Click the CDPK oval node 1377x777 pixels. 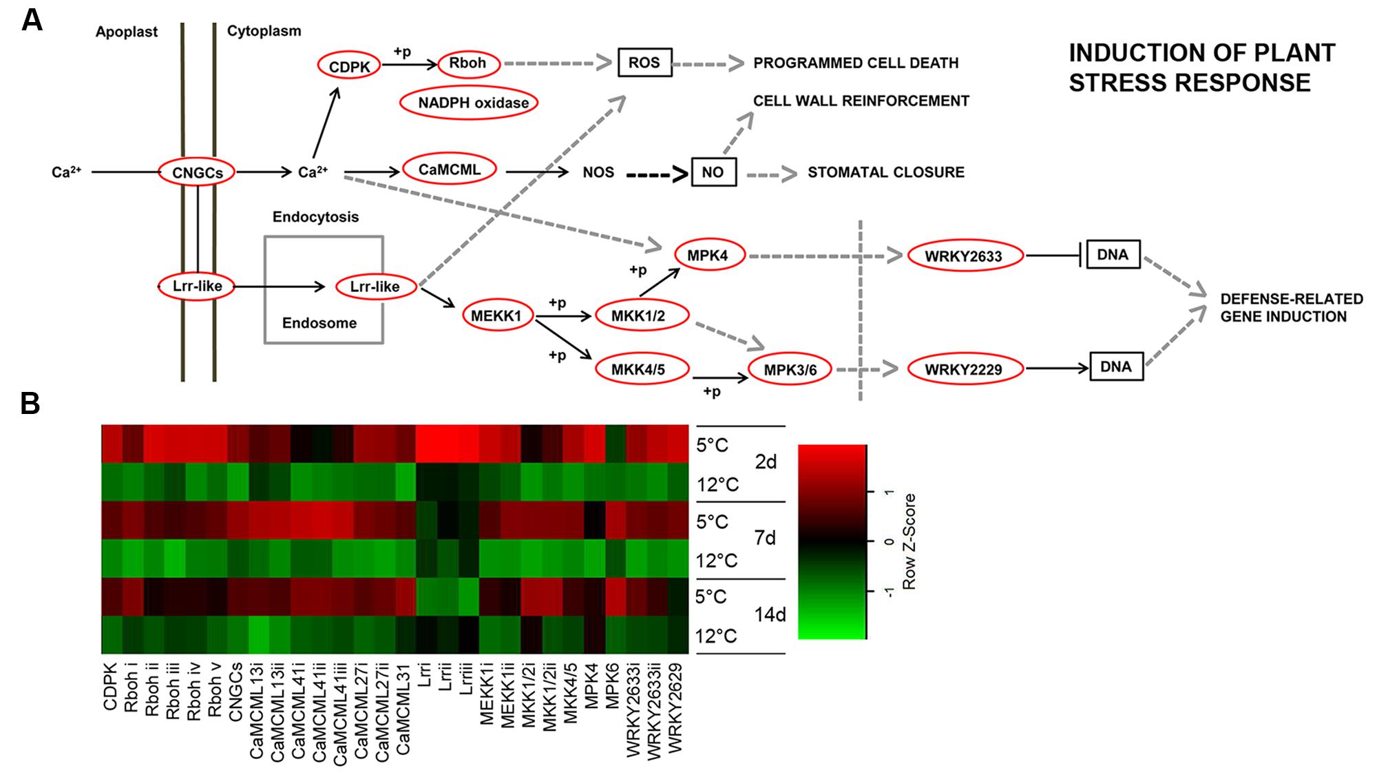(x=349, y=66)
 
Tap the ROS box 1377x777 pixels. (x=644, y=63)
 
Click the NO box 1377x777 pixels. (x=713, y=172)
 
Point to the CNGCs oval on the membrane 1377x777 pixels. (x=197, y=172)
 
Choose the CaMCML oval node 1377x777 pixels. (x=449, y=170)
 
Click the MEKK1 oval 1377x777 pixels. (x=496, y=316)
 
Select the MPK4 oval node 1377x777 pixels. (x=707, y=256)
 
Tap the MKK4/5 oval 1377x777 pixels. (x=638, y=369)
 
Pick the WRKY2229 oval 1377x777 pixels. (x=963, y=369)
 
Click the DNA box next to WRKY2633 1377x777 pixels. (x=1112, y=255)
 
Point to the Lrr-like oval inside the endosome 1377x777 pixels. (x=375, y=287)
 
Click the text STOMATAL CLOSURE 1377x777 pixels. (x=885, y=172)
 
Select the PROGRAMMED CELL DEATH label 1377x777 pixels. (x=855, y=63)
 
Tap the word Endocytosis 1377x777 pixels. (x=315, y=217)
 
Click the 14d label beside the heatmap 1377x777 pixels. (x=770, y=614)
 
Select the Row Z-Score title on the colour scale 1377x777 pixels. (x=909, y=541)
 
